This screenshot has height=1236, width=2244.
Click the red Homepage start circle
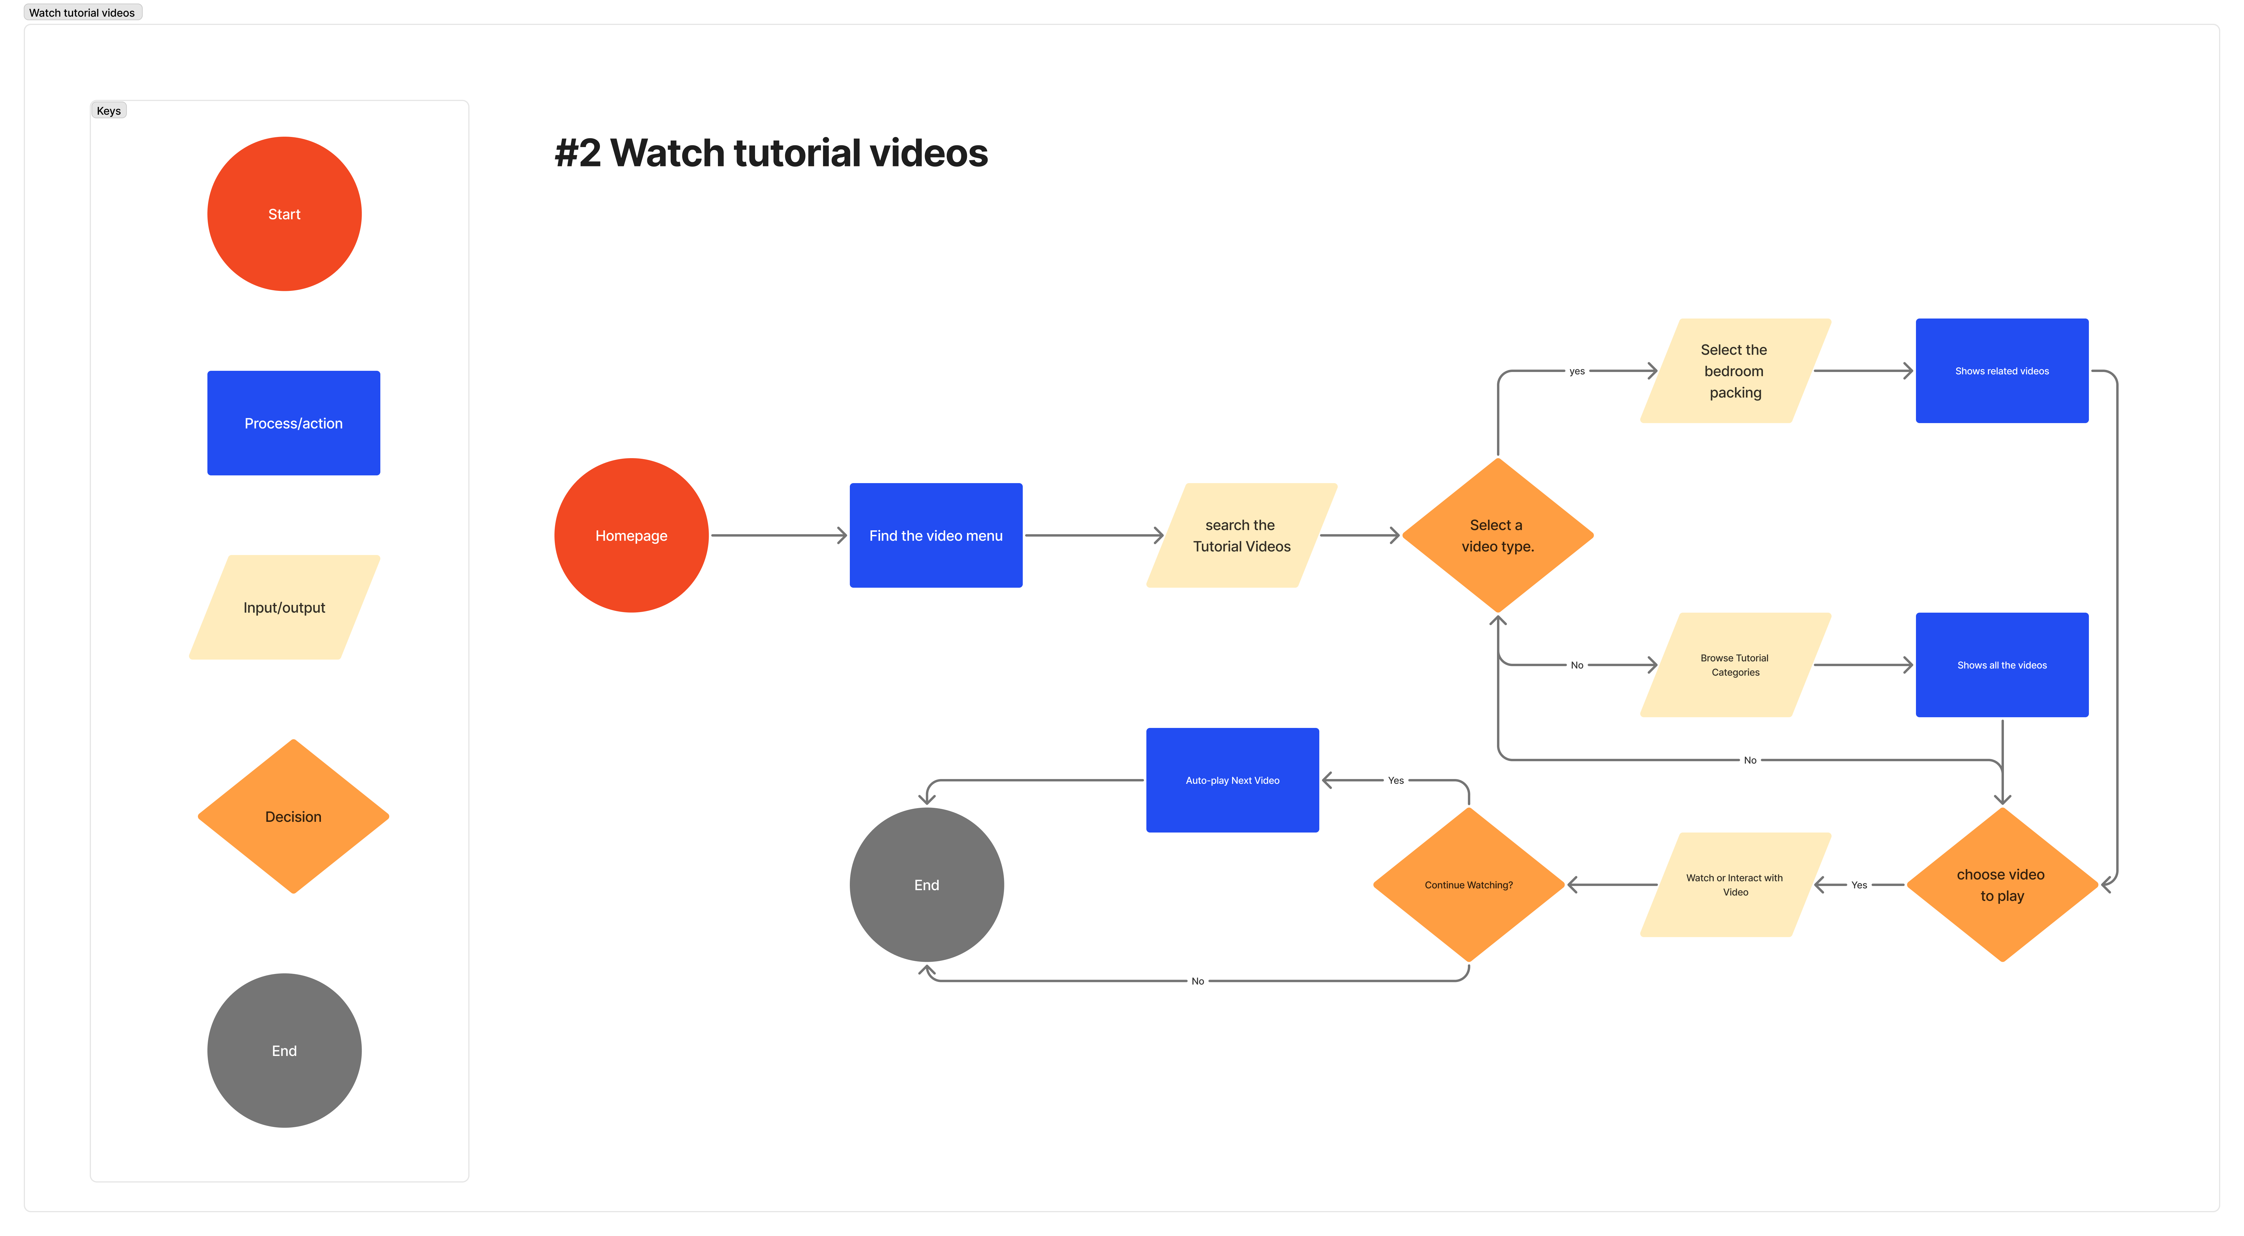631,536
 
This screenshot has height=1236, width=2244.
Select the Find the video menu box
936,536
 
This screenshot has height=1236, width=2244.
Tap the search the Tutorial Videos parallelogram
1241,536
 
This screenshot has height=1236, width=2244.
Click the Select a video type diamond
1498,536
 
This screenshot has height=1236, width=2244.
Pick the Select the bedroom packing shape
1734,371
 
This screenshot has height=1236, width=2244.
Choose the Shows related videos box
2002,371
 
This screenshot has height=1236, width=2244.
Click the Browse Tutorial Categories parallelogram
1734,666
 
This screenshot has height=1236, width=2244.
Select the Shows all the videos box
2002,666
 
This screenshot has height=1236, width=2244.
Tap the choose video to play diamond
2002,885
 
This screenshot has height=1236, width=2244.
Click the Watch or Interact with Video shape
1734,885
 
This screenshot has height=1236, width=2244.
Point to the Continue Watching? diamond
1469,885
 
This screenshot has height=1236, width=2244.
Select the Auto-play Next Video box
1232,781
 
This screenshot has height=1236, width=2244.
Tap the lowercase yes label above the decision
1577,371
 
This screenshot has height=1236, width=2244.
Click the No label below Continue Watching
1198,982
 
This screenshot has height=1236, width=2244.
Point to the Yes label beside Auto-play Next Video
1396,781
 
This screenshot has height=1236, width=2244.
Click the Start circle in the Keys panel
284,214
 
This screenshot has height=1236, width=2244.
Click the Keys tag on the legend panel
109,111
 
